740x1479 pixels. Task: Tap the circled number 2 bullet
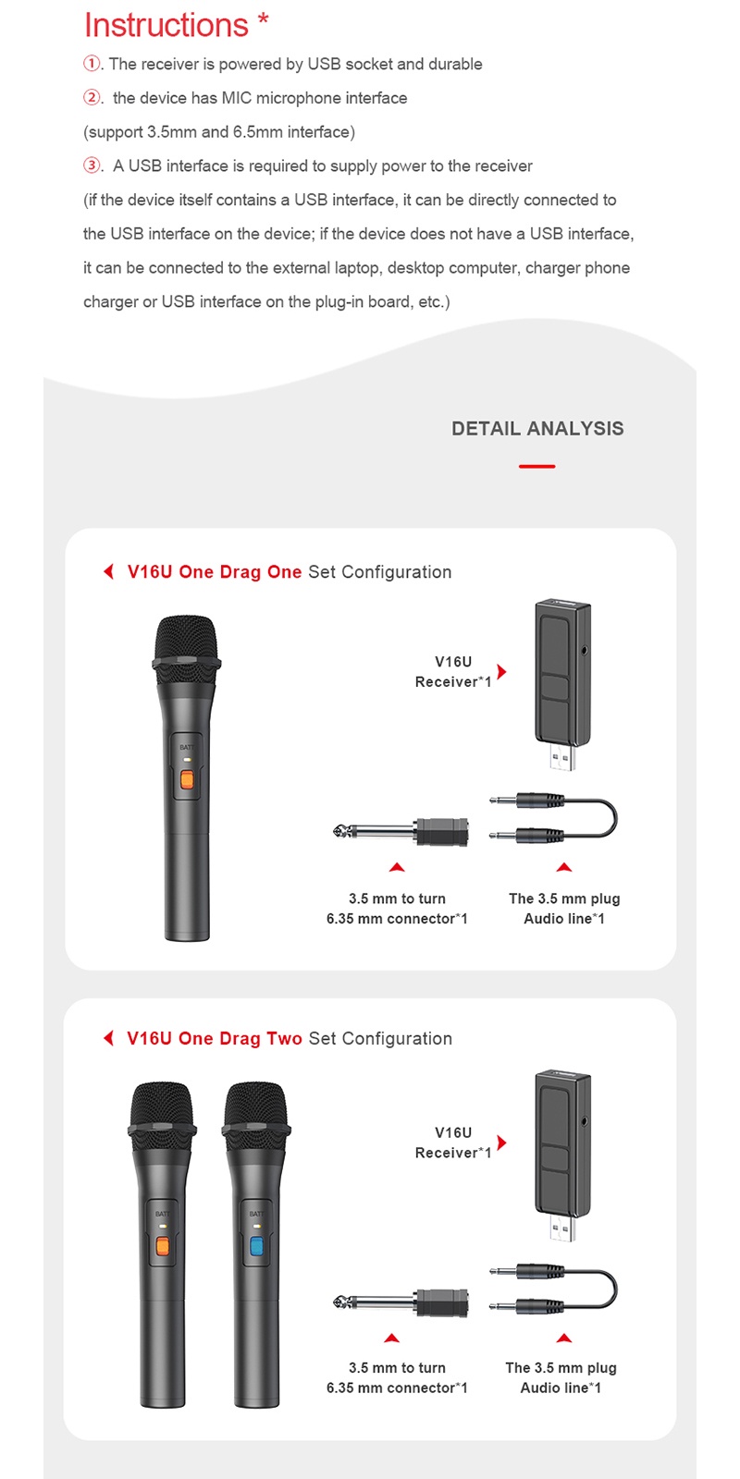tap(92, 98)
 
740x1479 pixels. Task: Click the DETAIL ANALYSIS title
tap(537, 429)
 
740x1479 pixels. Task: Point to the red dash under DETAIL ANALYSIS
tap(536, 467)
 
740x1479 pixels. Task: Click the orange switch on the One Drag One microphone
tap(187, 780)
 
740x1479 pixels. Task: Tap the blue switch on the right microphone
tap(256, 1246)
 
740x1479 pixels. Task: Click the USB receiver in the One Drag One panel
tap(561, 684)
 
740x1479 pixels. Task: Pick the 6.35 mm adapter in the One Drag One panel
tap(402, 832)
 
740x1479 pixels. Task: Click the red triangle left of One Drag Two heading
tap(108, 1038)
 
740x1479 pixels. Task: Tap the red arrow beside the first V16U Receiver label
tap(501, 671)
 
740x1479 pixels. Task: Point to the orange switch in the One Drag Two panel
tap(162, 1246)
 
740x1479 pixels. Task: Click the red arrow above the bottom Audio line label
tap(563, 1338)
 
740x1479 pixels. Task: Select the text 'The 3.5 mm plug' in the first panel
tap(564, 898)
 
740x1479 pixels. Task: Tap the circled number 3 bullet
tap(92, 166)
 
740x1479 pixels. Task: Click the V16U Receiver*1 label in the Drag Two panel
tap(453, 1143)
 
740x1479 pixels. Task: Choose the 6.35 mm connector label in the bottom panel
tap(397, 1387)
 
